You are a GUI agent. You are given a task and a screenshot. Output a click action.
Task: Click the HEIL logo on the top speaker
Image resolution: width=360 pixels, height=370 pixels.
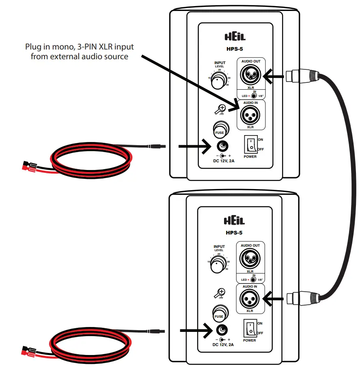click(x=235, y=37)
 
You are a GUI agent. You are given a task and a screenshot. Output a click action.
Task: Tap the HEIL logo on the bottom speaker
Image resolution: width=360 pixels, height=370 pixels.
click(x=235, y=220)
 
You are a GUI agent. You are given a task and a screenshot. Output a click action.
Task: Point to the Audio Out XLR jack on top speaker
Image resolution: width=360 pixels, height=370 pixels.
click(x=250, y=75)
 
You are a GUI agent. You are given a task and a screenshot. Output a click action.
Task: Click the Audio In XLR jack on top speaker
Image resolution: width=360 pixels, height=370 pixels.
click(x=250, y=116)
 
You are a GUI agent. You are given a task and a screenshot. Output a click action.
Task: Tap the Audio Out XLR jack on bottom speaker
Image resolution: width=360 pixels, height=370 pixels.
click(x=250, y=258)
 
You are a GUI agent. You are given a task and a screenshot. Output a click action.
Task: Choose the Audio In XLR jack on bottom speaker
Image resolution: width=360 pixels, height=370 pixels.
click(x=250, y=299)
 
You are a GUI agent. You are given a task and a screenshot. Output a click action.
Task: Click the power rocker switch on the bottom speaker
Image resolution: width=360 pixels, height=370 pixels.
click(x=250, y=328)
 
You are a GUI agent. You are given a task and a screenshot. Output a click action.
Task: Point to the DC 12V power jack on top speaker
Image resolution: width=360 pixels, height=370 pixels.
click(x=223, y=146)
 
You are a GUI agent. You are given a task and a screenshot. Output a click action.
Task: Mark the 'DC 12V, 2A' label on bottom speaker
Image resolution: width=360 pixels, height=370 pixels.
click(x=223, y=344)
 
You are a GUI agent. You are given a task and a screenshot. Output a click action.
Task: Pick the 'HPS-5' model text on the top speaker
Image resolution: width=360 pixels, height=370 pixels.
click(x=235, y=49)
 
